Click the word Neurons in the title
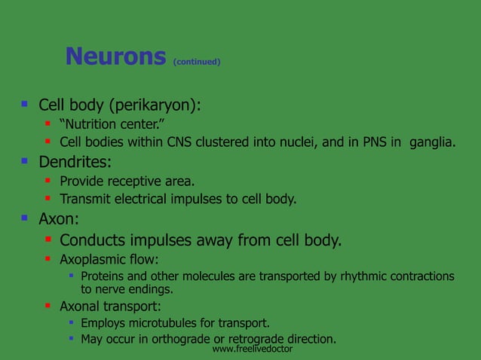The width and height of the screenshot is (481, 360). click(x=115, y=56)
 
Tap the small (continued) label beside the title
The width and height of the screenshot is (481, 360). click(x=197, y=62)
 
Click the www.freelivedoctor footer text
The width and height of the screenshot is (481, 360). click(x=252, y=350)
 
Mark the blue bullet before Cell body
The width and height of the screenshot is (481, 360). click(x=25, y=103)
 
